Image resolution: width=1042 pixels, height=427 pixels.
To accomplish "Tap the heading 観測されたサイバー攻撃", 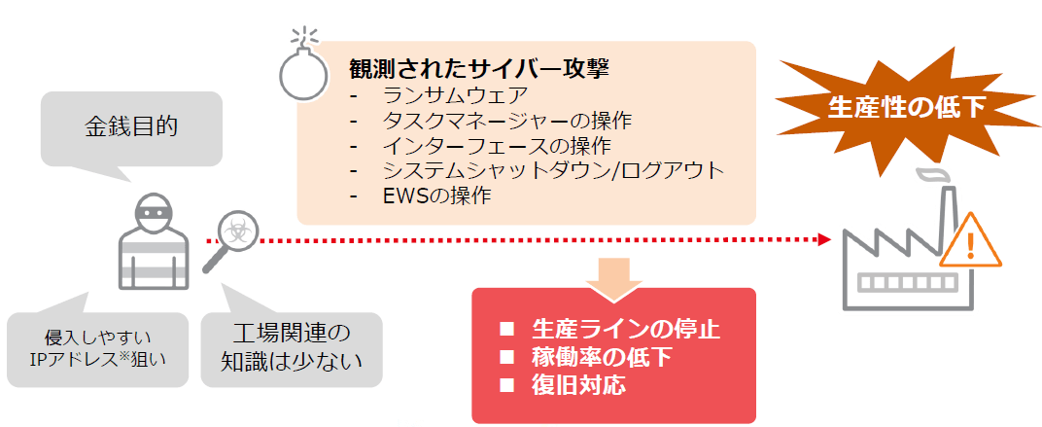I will point(480,70).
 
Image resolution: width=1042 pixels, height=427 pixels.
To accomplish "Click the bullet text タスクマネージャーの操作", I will point(507,121).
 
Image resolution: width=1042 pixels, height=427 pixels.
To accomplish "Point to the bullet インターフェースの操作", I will point(496,146).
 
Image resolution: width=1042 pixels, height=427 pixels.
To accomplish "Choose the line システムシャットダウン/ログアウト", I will point(553,171).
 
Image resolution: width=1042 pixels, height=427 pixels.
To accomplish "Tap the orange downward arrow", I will point(611,271).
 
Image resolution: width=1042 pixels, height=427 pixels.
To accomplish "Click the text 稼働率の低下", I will point(601,356).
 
